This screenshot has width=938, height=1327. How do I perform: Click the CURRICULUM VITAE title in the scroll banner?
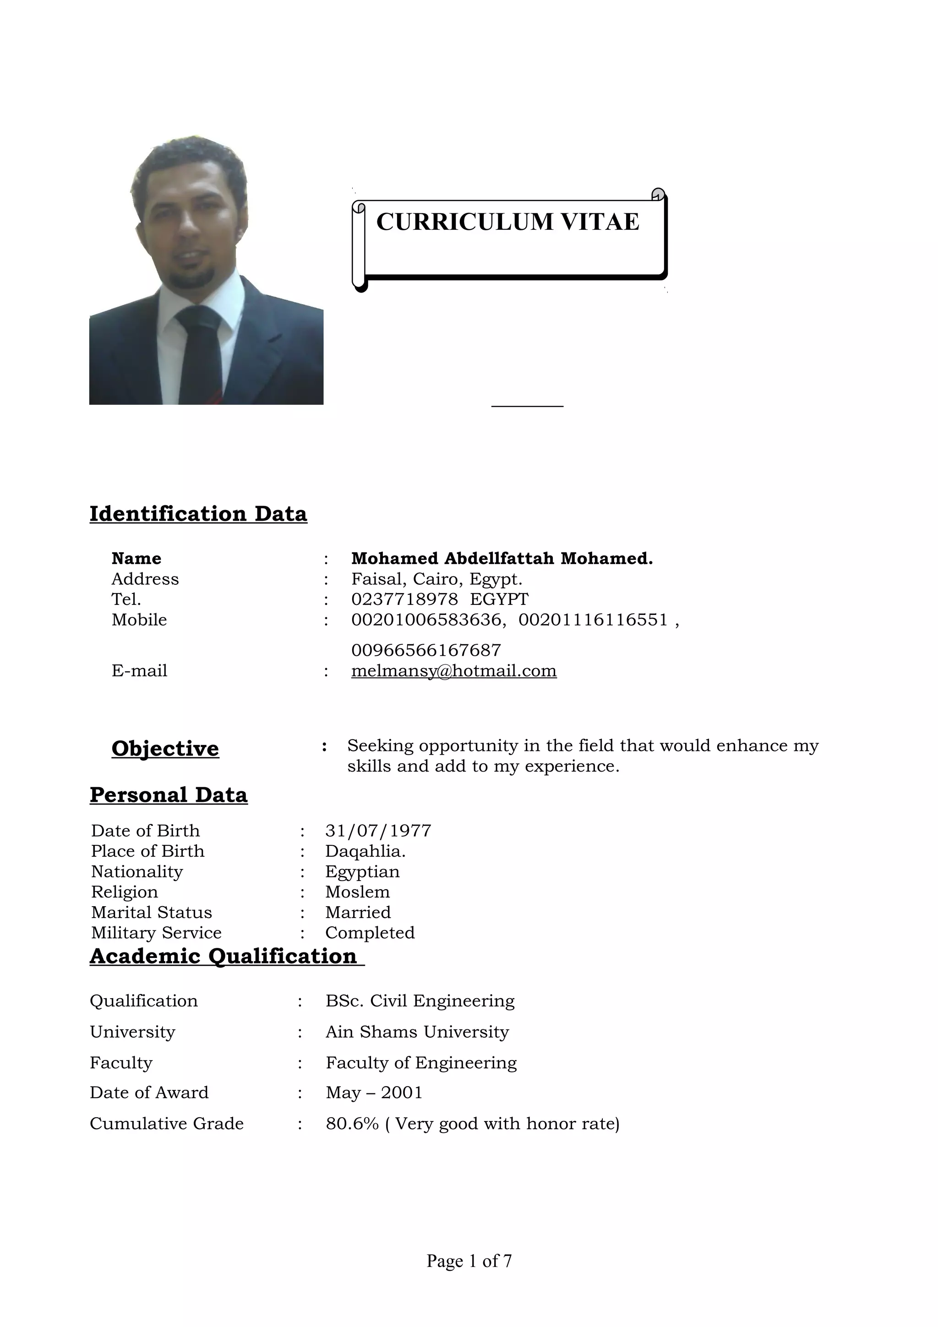(x=507, y=222)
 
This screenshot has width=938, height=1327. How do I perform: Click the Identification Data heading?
(x=198, y=514)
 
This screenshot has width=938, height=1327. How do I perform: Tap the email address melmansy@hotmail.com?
(x=454, y=670)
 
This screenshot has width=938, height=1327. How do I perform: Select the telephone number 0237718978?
(x=404, y=599)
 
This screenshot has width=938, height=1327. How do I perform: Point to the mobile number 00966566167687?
(x=426, y=650)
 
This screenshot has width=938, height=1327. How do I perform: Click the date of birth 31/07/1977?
(x=378, y=831)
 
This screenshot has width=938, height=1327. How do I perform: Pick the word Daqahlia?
(x=365, y=851)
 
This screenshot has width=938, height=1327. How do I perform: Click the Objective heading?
(x=165, y=749)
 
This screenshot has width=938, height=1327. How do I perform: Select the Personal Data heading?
(x=169, y=795)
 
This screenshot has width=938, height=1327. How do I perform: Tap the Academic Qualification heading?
(x=224, y=956)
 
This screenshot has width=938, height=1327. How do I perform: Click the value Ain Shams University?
(x=417, y=1032)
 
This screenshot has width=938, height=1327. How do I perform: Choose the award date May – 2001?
(x=374, y=1093)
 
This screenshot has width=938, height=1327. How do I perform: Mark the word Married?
(x=358, y=912)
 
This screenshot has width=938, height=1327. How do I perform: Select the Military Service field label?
(x=156, y=932)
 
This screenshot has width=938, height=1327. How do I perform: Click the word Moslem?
(x=357, y=892)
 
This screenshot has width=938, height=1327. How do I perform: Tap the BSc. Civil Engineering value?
(x=420, y=1001)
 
